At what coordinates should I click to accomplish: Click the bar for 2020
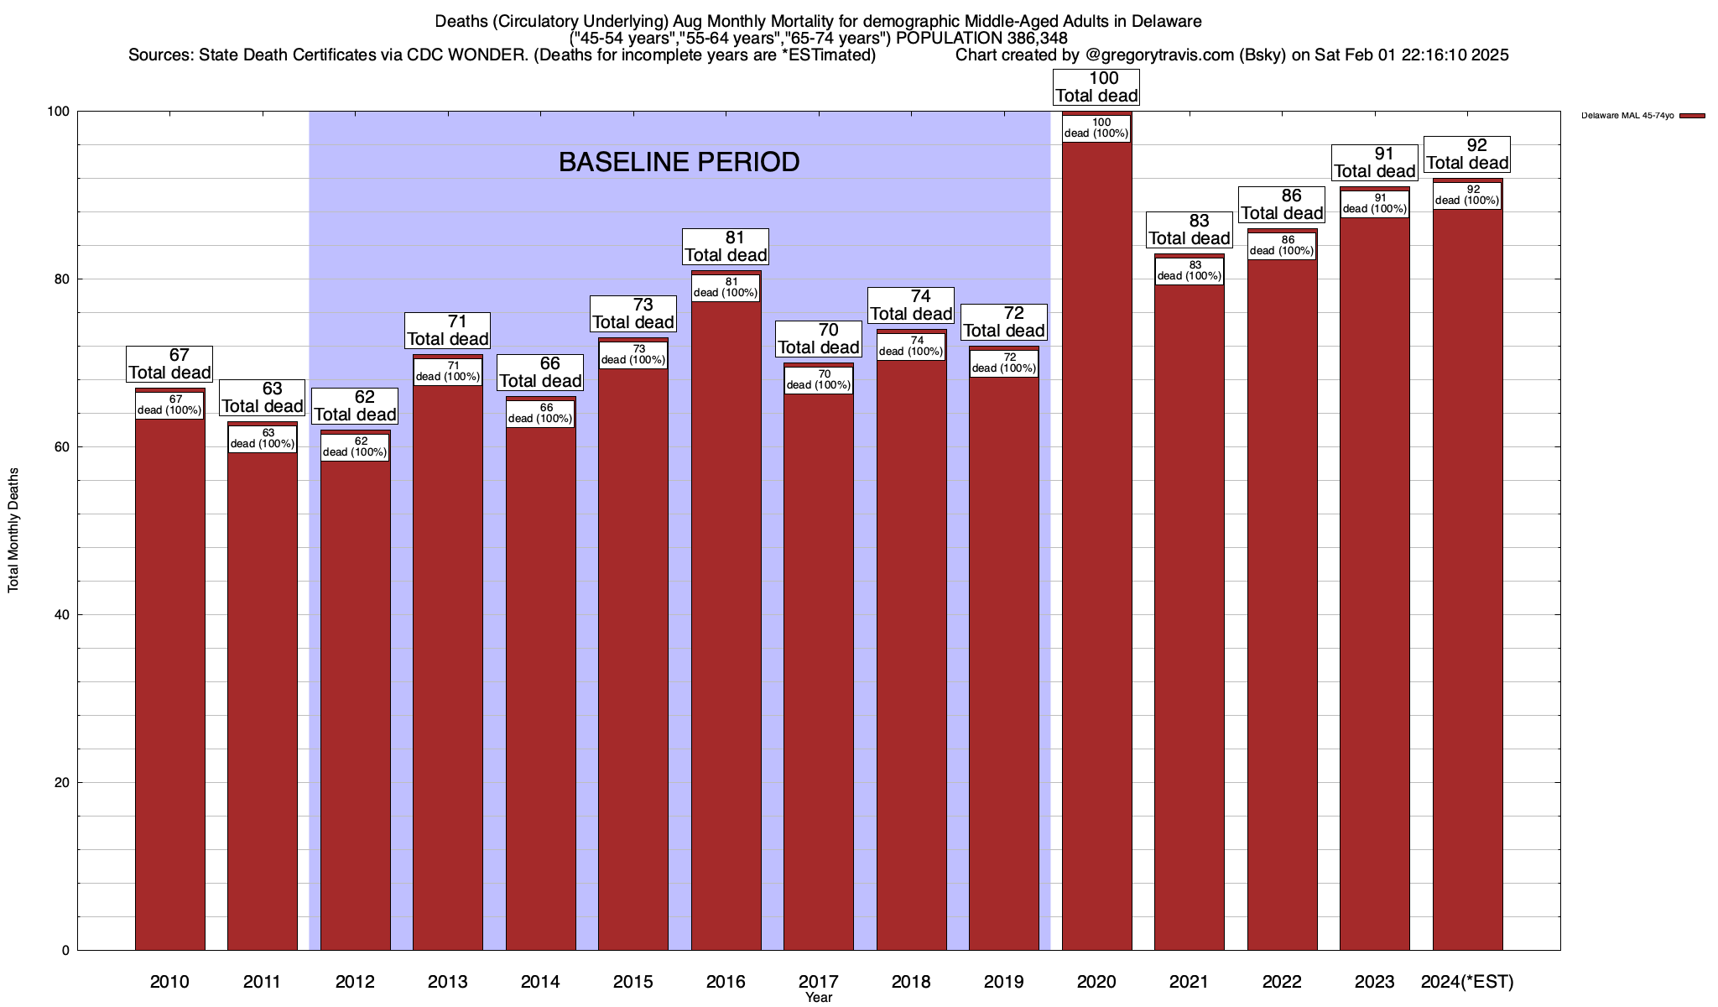click(x=1096, y=545)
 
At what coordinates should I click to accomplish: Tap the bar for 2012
click(x=355, y=697)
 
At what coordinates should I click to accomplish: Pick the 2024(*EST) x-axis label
click(x=1467, y=981)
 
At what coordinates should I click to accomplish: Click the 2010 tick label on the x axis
click(x=169, y=981)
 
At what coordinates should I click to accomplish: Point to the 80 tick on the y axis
click(x=62, y=279)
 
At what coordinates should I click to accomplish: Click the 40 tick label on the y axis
click(x=62, y=615)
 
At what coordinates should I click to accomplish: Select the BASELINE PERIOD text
click(x=679, y=162)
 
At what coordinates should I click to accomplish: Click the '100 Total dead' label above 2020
click(x=1096, y=87)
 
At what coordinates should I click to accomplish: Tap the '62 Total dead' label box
click(x=355, y=406)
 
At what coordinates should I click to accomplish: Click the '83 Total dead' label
click(x=1190, y=230)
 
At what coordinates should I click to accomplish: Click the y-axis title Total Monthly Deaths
click(x=13, y=530)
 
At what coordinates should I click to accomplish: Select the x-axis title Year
click(x=818, y=998)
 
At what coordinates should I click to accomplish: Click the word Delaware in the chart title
click(x=1161, y=21)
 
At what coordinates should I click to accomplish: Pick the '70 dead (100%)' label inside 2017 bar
click(x=818, y=379)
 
